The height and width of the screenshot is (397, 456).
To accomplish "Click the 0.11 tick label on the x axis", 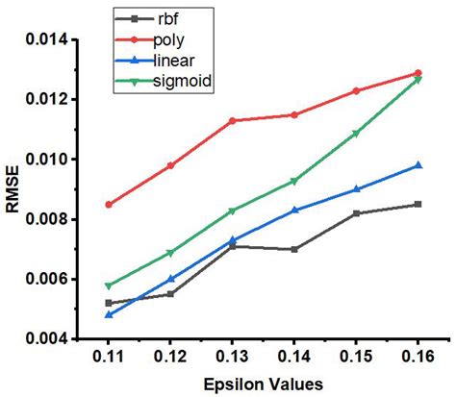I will (x=109, y=358).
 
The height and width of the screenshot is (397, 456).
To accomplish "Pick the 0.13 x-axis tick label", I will (x=232, y=358).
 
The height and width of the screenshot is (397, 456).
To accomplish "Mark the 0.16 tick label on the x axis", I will (x=418, y=358).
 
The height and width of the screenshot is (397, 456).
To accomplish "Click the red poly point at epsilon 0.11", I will (x=109, y=205).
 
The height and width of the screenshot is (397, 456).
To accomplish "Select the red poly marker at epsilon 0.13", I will (x=232, y=121).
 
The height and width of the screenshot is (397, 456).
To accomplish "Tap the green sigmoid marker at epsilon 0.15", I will (x=356, y=134).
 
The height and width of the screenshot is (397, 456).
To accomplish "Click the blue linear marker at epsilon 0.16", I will (x=418, y=165).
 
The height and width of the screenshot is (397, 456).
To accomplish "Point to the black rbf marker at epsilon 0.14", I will (x=294, y=249).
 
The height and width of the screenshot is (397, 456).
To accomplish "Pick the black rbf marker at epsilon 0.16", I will (x=418, y=204).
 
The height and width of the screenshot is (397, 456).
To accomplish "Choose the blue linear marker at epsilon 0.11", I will (x=109, y=314).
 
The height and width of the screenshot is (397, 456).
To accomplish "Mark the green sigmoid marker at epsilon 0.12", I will (x=170, y=253).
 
